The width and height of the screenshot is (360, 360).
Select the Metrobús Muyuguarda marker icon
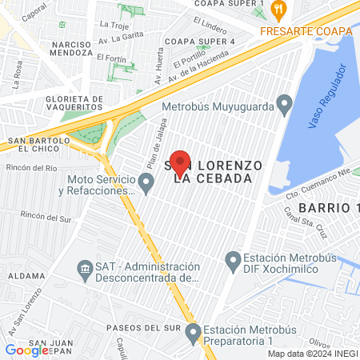tap(283, 105)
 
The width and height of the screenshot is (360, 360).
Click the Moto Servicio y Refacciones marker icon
tap(146, 184)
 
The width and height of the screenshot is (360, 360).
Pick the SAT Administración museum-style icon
tap(84, 267)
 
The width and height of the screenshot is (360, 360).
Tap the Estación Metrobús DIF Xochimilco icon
tap(233, 259)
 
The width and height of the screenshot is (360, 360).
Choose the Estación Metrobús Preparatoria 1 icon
tap(192, 332)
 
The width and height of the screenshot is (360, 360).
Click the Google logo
tap(26, 350)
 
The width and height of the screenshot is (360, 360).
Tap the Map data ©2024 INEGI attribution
tap(312, 354)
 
